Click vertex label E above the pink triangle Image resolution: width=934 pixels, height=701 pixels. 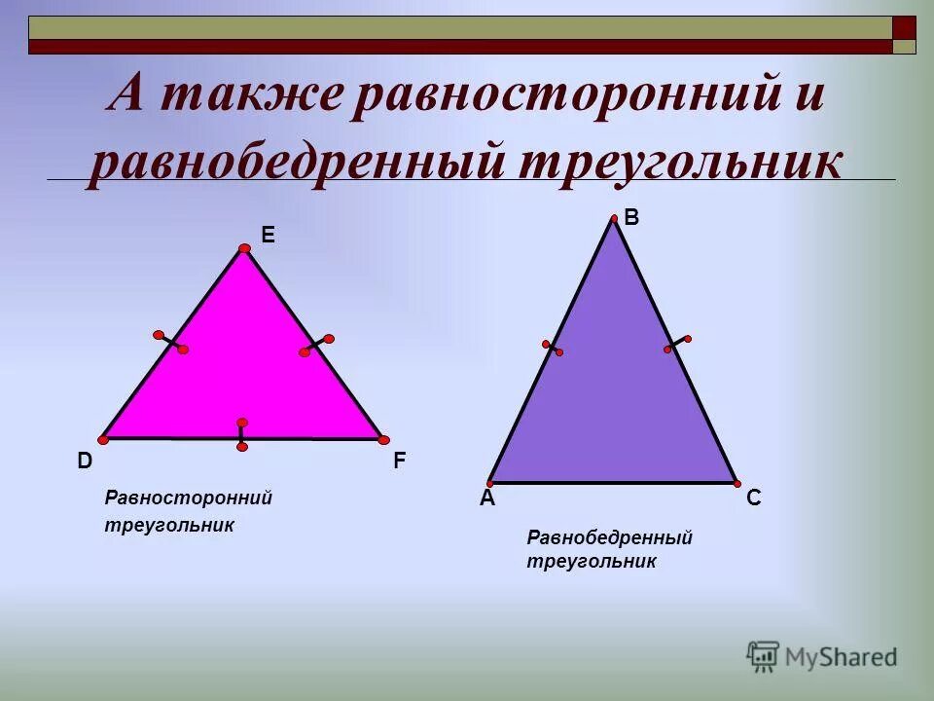(268, 235)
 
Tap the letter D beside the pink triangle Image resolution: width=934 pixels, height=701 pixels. (86, 461)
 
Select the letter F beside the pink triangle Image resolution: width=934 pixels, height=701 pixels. (400, 461)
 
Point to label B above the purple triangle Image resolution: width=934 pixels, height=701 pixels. (631, 218)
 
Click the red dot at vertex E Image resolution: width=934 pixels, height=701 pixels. (244, 249)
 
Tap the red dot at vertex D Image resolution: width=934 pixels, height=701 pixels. (103, 440)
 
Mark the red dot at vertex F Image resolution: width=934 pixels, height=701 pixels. (383, 440)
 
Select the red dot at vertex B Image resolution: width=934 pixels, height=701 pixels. (614, 219)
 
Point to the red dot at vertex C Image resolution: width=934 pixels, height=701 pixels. (736, 483)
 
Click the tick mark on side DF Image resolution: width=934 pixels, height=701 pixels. (241, 434)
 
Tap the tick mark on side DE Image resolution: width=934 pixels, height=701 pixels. (170, 342)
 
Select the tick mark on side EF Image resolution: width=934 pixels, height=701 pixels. (316, 346)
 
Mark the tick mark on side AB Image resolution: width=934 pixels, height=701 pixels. (553, 348)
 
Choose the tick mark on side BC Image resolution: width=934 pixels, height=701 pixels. (677, 344)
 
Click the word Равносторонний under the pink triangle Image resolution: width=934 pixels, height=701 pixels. (188, 498)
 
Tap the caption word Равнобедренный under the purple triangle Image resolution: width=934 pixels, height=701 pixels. (609, 537)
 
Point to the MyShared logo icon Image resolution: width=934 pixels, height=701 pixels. (763, 655)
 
